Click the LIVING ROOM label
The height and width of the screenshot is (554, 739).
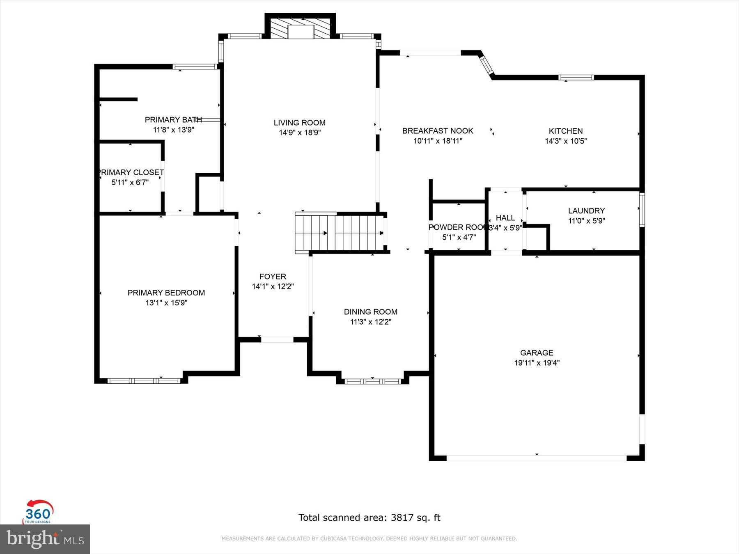[x=299, y=123]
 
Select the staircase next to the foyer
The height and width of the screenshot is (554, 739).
[x=340, y=233]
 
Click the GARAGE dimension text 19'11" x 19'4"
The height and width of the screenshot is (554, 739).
[x=537, y=363]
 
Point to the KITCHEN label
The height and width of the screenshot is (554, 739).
[x=565, y=131]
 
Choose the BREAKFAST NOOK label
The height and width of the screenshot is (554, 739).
[x=438, y=131]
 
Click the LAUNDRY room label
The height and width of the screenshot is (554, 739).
[x=586, y=211]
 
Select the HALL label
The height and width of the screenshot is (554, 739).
[x=505, y=218]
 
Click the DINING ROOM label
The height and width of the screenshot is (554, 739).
[x=370, y=312]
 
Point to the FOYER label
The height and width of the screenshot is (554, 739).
[x=273, y=277]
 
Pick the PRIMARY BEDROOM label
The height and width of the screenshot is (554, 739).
[x=166, y=293]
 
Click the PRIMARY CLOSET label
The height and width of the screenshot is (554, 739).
[x=131, y=172]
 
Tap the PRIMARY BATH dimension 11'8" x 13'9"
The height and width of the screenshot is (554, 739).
[x=173, y=130]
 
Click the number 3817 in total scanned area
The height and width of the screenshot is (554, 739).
[x=402, y=518]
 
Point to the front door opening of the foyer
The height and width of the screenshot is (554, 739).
[x=277, y=340]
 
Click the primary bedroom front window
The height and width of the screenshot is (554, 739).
[x=144, y=381]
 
